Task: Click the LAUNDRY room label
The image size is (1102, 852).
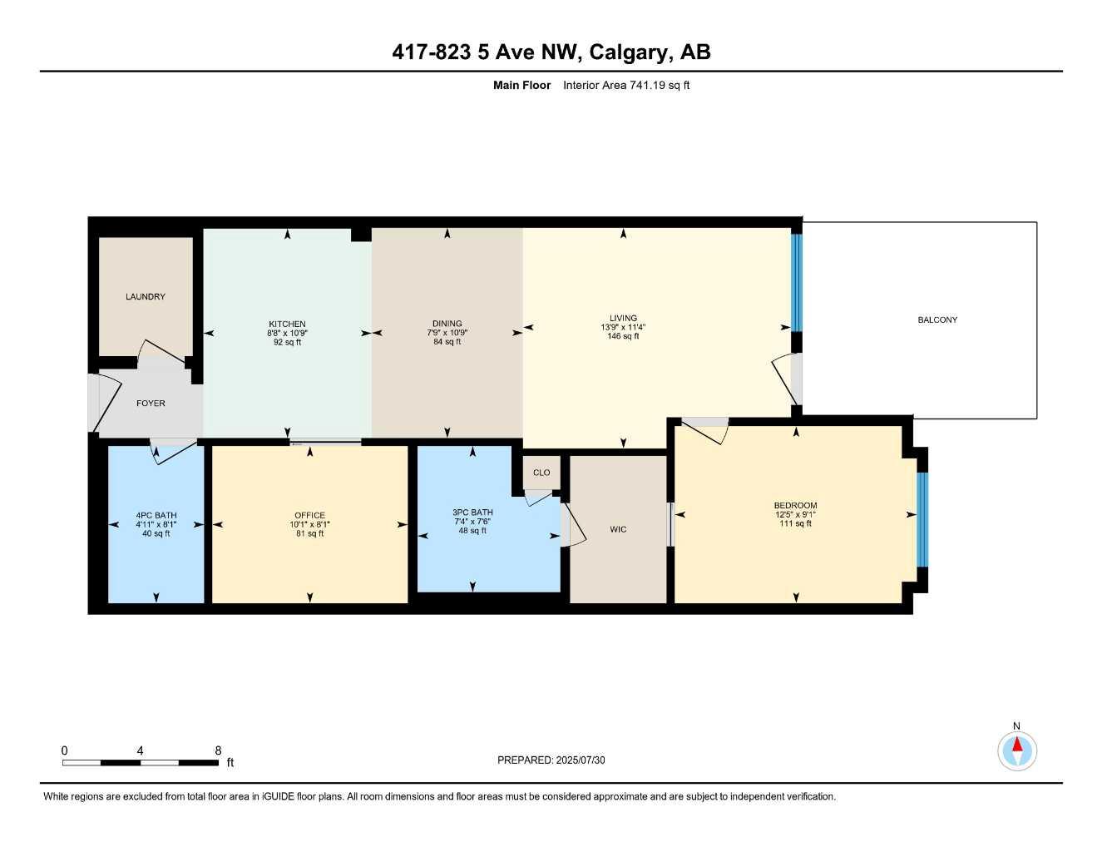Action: pyautogui.click(x=146, y=297)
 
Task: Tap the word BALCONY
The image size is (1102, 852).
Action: pyautogui.click(x=937, y=319)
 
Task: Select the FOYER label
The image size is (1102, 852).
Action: pyautogui.click(x=151, y=404)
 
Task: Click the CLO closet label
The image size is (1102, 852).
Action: pyautogui.click(x=541, y=473)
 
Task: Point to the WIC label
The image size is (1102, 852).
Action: pyautogui.click(x=618, y=529)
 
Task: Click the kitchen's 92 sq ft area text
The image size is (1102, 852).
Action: pyautogui.click(x=287, y=342)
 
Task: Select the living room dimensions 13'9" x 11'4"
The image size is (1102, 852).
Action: pyautogui.click(x=623, y=327)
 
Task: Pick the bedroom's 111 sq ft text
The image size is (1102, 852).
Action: pyautogui.click(x=795, y=524)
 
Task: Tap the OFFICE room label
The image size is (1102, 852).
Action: pyautogui.click(x=309, y=515)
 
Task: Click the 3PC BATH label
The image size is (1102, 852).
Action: pyautogui.click(x=472, y=513)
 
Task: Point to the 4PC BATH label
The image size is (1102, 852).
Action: pyautogui.click(x=156, y=516)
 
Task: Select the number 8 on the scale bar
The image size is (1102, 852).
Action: pyautogui.click(x=218, y=750)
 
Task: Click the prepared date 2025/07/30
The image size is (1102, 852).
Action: pyautogui.click(x=581, y=760)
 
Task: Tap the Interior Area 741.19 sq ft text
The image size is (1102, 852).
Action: pyautogui.click(x=626, y=85)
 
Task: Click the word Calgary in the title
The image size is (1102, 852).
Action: pyautogui.click(x=630, y=52)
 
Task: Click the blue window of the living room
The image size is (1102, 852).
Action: pyautogui.click(x=795, y=283)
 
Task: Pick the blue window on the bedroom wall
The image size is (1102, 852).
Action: pyautogui.click(x=922, y=519)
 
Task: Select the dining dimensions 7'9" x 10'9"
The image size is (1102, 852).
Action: pyautogui.click(x=447, y=333)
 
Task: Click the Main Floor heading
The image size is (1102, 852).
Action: pyautogui.click(x=521, y=85)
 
